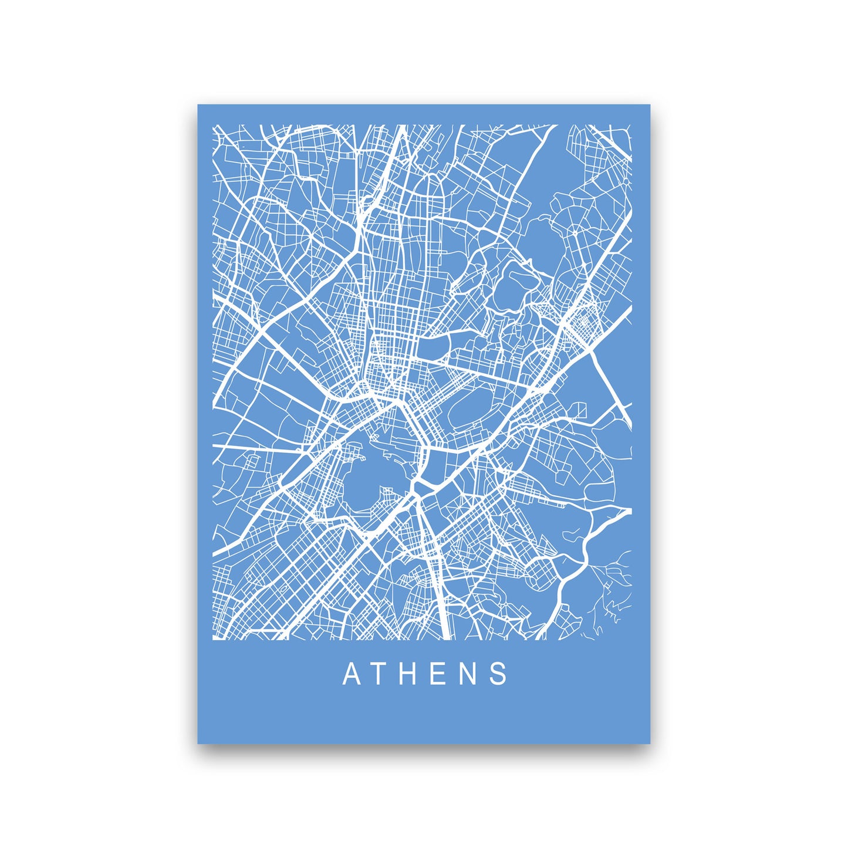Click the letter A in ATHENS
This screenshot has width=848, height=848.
click(x=352, y=674)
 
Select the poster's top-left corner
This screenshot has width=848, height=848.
click(x=198, y=105)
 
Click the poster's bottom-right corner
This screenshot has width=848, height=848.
click(x=650, y=744)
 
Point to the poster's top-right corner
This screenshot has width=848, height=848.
click(x=650, y=105)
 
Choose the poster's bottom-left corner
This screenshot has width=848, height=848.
click(x=198, y=744)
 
